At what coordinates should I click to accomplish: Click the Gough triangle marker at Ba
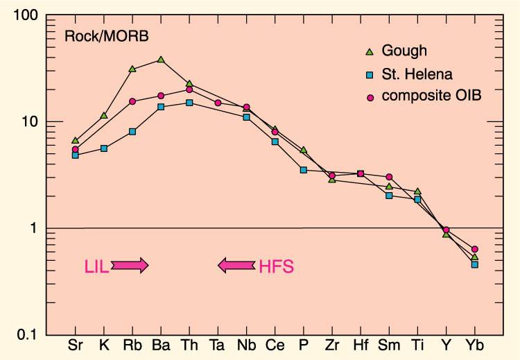pyautogui.click(x=161, y=60)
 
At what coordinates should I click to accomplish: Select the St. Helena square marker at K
pyautogui.click(x=104, y=148)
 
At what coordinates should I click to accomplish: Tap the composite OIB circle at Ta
pyautogui.click(x=218, y=103)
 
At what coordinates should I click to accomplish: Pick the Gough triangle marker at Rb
pyautogui.click(x=132, y=69)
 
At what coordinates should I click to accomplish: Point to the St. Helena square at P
pyautogui.click(x=303, y=170)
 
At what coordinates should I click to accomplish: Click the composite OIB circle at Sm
pyautogui.click(x=389, y=177)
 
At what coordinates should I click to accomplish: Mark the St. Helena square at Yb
pyautogui.click(x=475, y=264)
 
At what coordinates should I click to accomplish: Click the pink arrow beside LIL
pyautogui.click(x=129, y=265)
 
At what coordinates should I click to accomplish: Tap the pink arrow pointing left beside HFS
pyautogui.click(x=236, y=265)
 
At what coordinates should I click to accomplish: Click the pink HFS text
pyautogui.click(x=276, y=266)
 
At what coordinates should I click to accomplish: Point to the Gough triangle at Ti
pyautogui.click(x=417, y=191)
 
